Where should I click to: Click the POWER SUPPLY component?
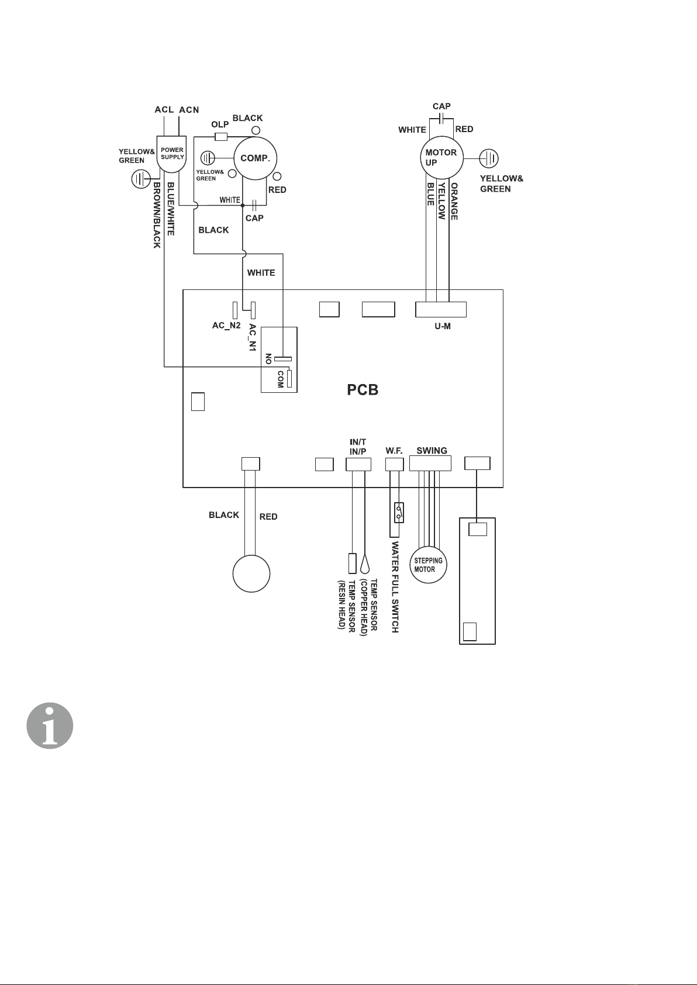172,155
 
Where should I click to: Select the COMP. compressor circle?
255,158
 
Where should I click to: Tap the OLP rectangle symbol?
221,136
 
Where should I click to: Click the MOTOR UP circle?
441,157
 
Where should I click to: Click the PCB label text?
363,389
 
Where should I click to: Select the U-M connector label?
442,326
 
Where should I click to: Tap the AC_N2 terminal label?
226,326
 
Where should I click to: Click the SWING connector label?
432,451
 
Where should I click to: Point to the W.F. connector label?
395,451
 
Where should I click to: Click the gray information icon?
50,726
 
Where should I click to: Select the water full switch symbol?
399,512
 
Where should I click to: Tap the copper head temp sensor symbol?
365,564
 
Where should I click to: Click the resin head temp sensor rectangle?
352,563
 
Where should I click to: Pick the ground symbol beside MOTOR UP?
488,158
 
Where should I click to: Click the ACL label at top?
164,109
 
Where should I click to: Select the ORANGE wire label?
454,202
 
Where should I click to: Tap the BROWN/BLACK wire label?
157,215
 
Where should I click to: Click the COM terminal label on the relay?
281,379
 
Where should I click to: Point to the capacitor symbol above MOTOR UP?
441,120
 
